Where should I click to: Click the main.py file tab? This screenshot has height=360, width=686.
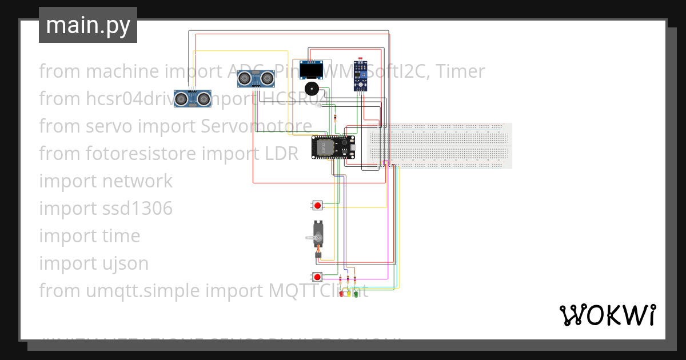(x=88, y=25)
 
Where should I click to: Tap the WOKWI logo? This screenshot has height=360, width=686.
(x=607, y=315)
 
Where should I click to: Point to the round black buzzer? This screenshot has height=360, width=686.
(x=312, y=89)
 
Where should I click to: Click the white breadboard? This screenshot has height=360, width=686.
(x=439, y=146)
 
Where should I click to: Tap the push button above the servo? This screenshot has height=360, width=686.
(x=317, y=205)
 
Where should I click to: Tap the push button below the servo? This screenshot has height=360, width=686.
(x=317, y=277)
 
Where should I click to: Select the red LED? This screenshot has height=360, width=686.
(x=341, y=294)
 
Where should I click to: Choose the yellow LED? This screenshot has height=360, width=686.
(x=349, y=294)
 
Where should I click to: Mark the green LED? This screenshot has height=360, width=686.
(x=356, y=294)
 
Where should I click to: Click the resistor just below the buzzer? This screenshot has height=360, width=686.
(x=334, y=118)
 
